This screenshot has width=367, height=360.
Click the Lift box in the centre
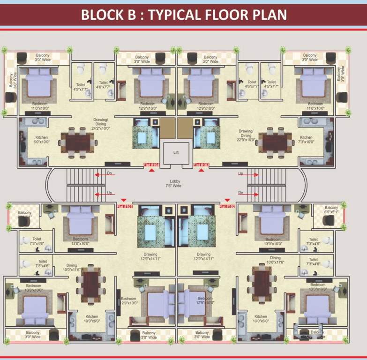176,153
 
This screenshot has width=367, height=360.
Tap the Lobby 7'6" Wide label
176,183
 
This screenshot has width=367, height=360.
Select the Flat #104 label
152,165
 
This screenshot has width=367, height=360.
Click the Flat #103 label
201,165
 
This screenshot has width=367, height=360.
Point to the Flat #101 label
125,206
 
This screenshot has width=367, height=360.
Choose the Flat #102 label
227,206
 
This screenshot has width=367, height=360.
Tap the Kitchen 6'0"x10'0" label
41,140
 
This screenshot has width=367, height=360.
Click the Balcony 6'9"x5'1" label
331,209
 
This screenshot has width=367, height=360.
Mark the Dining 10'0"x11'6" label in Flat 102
275,260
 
